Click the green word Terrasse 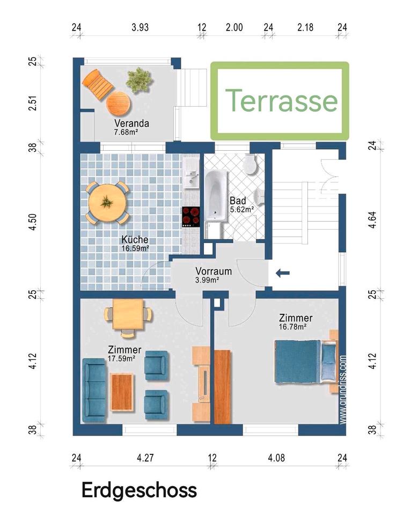coord(282,100)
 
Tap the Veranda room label coord(132,123)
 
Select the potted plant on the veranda coord(140,80)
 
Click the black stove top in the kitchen coord(191,217)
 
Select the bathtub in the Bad coord(216,195)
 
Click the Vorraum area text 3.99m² coord(207,280)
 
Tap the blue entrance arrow coord(283,273)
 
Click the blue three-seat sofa coord(94,390)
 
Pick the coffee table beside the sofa coord(122,392)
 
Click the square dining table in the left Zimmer coord(128,314)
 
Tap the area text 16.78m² coord(293,327)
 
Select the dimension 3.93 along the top coord(140,27)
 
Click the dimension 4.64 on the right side coord(372,220)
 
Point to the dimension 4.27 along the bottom coord(145,458)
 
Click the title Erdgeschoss coord(140,491)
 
